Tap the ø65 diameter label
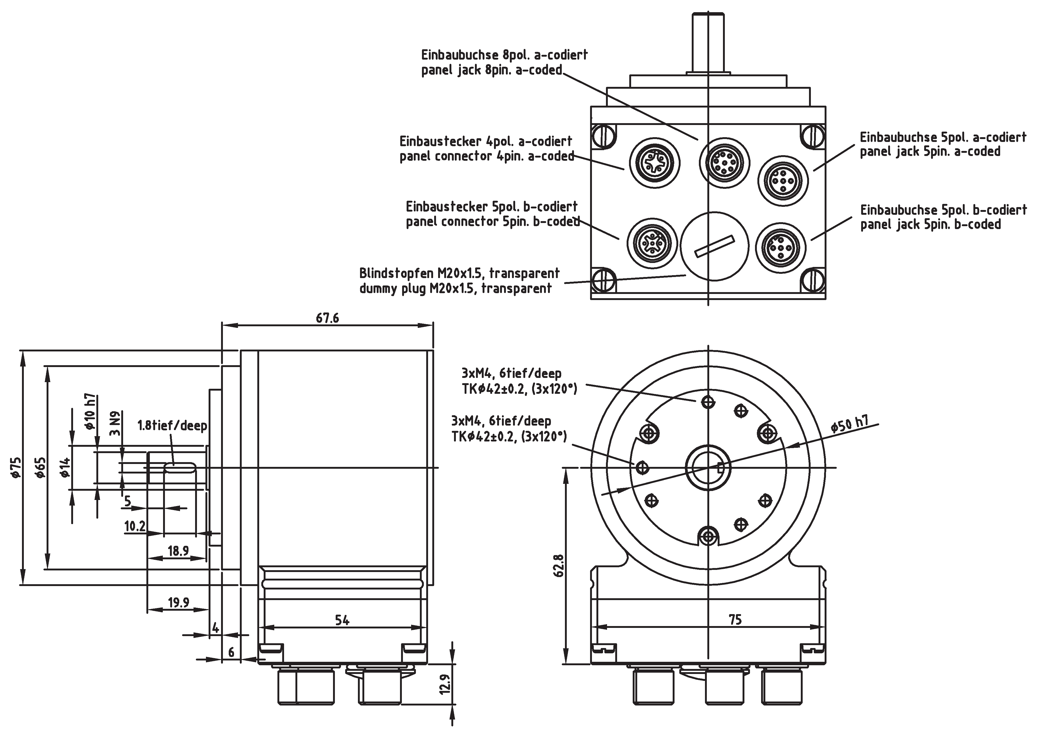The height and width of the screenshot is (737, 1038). tap(41, 467)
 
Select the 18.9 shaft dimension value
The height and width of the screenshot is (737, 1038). tap(178, 551)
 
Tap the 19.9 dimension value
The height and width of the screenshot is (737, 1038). tap(178, 603)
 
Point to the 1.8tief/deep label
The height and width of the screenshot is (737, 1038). tap(172, 426)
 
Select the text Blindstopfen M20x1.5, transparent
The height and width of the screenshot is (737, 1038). tap(459, 274)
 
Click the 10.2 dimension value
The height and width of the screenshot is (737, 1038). tap(135, 526)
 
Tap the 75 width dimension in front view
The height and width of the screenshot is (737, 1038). tap(735, 620)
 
